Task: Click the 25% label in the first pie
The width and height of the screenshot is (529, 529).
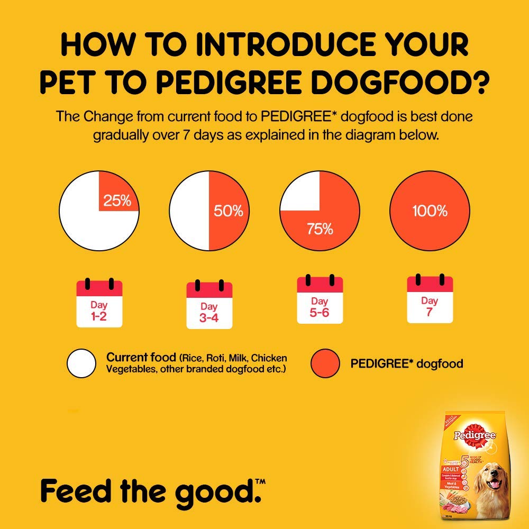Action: tap(117, 201)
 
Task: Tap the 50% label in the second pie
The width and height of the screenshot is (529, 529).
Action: tap(229, 211)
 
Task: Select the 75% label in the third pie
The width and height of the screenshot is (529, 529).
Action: tap(320, 229)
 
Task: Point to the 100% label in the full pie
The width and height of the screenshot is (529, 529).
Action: tap(430, 211)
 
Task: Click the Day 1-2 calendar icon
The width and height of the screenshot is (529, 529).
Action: tap(99, 303)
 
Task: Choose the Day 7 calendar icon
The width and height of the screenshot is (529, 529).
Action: tap(430, 299)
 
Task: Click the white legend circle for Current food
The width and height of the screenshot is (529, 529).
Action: tap(81, 364)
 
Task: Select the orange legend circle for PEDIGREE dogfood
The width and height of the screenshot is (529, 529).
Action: tap(325, 364)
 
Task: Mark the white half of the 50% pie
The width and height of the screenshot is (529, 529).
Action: tap(189, 211)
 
